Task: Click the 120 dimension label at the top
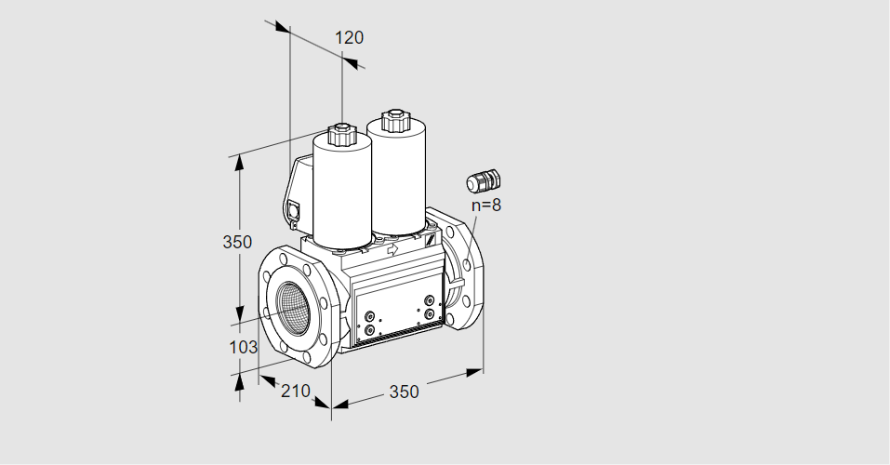(349, 37)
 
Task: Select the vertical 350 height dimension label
(237, 242)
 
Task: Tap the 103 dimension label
(243, 346)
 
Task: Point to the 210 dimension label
(296, 391)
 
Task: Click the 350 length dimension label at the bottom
(404, 392)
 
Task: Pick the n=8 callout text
(486, 205)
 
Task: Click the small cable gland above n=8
(484, 180)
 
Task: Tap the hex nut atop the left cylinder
(341, 135)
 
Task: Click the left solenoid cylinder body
(341, 196)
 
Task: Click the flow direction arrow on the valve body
(392, 248)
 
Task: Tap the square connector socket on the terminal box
(294, 210)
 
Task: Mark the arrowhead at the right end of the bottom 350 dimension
(474, 372)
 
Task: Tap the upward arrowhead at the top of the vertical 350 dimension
(240, 163)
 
